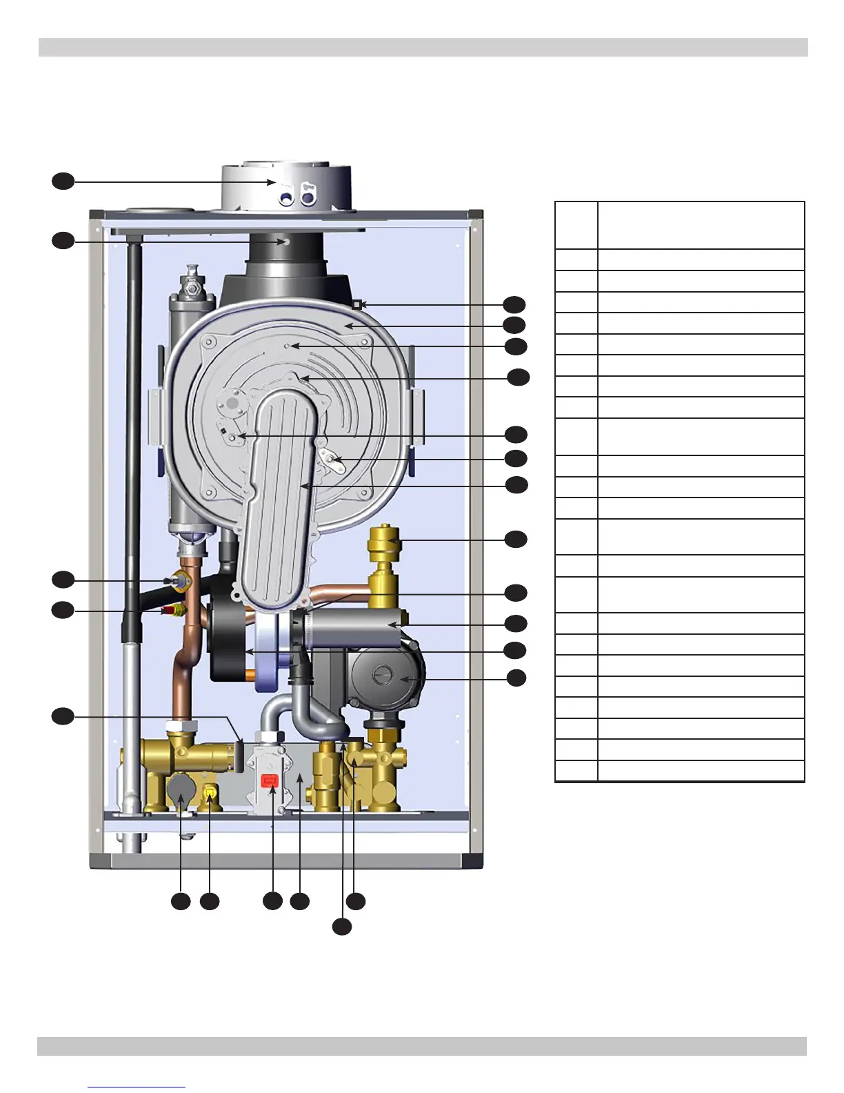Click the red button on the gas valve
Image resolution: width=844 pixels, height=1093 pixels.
pos(270,780)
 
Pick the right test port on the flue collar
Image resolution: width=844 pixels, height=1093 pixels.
pos(307,197)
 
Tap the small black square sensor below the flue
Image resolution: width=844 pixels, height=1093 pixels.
pos(356,304)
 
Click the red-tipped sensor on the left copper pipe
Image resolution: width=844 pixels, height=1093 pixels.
pos(169,611)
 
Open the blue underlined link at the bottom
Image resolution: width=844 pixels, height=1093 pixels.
pos(137,1087)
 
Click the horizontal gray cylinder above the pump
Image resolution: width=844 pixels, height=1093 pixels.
pos(352,627)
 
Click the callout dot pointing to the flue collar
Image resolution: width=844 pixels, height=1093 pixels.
pos(63,181)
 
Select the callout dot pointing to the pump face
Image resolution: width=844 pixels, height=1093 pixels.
pos(516,678)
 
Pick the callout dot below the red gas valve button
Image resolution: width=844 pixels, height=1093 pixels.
pos(272,900)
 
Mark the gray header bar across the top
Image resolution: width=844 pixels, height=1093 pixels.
pos(423,47)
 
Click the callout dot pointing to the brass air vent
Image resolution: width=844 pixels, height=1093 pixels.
pos(516,539)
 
